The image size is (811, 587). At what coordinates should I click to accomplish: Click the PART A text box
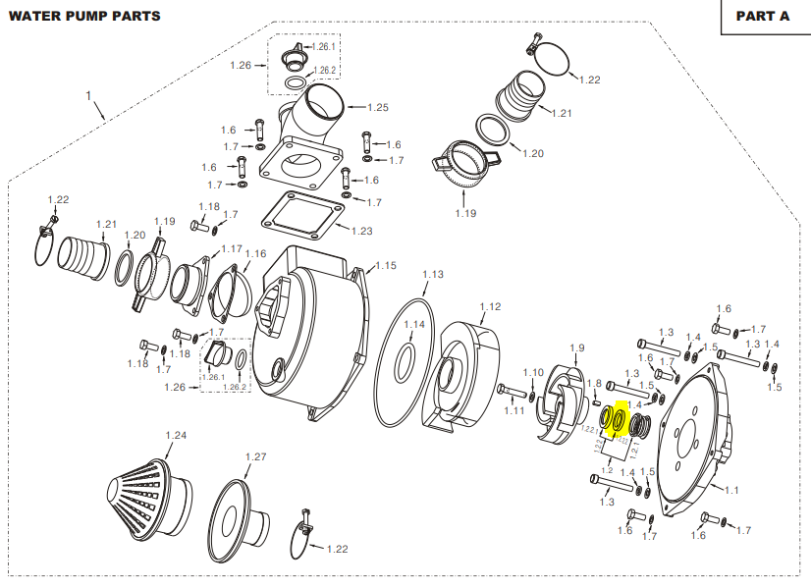click(762, 16)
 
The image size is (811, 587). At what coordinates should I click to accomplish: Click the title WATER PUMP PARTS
click(85, 16)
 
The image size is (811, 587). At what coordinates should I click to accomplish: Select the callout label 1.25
click(378, 106)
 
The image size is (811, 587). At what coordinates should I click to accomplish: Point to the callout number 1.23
click(360, 232)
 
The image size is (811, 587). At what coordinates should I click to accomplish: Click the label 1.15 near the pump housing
click(385, 265)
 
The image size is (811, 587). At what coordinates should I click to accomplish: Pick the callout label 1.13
click(433, 275)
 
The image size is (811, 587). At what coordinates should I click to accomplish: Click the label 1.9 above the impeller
click(576, 347)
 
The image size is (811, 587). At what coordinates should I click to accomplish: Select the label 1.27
click(255, 456)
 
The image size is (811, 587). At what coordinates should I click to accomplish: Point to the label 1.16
click(255, 253)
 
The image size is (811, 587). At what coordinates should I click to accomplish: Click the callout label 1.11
click(514, 410)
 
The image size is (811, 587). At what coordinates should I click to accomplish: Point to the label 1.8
click(594, 383)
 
